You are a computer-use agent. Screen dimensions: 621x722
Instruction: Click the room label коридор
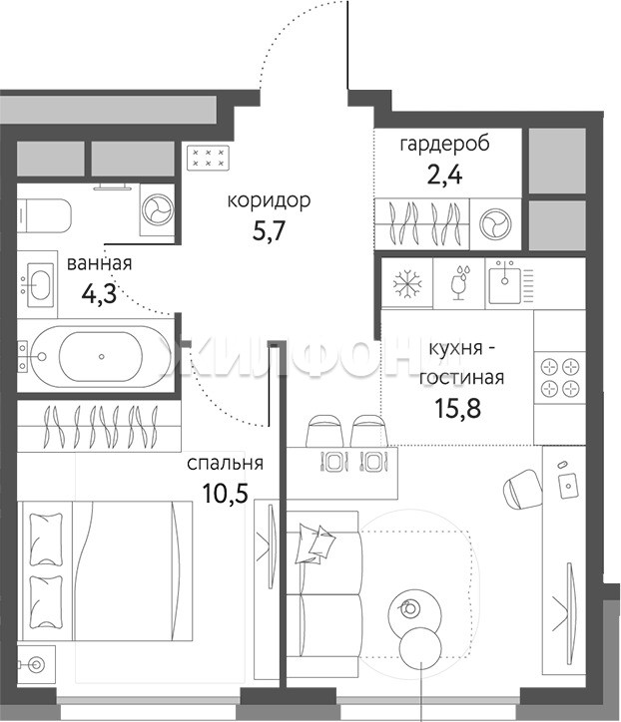pyautogui.click(x=269, y=201)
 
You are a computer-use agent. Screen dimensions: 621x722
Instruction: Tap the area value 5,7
pyautogui.click(x=270, y=230)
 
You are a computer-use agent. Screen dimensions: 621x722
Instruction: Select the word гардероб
pyautogui.click(x=444, y=145)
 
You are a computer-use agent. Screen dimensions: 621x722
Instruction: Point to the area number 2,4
pyautogui.click(x=444, y=175)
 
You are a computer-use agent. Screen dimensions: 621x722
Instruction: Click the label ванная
pyautogui.click(x=100, y=263)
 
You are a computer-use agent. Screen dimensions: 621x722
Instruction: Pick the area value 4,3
pyautogui.click(x=99, y=294)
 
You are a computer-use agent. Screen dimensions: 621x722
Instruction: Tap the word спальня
pyautogui.click(x=225, y=464)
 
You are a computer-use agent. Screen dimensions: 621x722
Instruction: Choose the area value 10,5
pyautogui.click(x=226, y=494)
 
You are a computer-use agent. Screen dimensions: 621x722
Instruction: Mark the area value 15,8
pyautogui.click(x=458, y=409)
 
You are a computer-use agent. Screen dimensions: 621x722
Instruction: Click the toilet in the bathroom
pyautogui.click(x=44, y=215)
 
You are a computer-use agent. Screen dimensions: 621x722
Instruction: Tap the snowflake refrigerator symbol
pyautogui.click(x=407, y=283)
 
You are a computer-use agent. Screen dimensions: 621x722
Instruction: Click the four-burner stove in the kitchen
pyautogui.click(x=560, y=378)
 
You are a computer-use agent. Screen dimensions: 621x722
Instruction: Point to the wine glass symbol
pyautogui.click(x=458, y=282)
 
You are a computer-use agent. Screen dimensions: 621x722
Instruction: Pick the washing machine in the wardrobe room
pyautogui.click(x=495, y=224)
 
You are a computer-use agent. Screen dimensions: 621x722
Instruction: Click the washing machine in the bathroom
pyautogui.click(x=157, y=210)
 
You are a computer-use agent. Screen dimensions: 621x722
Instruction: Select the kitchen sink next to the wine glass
pyautogui.click(x=505, y=281)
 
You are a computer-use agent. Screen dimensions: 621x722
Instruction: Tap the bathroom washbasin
pyautogui.click(x=38, y=285)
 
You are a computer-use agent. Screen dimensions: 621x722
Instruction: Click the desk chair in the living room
pyautogui.click(x=522, y=489)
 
